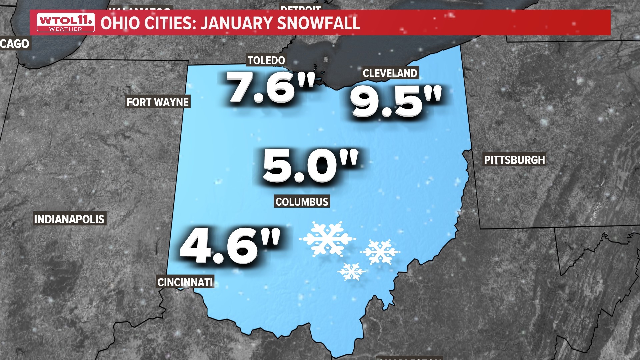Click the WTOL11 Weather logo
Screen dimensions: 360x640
tap(66, 23)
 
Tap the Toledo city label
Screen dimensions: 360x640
tap(266, 60)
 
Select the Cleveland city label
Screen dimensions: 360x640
tap(390, 73)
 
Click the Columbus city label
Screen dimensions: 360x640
tap(302, 202)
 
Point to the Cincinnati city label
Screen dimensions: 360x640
tap(185, 282)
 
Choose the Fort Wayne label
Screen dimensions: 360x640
tap(158, 102)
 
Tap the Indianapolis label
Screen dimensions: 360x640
tap(69, 219)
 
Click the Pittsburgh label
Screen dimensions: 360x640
tap(514, 160)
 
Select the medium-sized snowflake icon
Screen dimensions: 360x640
tap(380, 252)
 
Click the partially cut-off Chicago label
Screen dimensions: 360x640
tap(15, 44)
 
